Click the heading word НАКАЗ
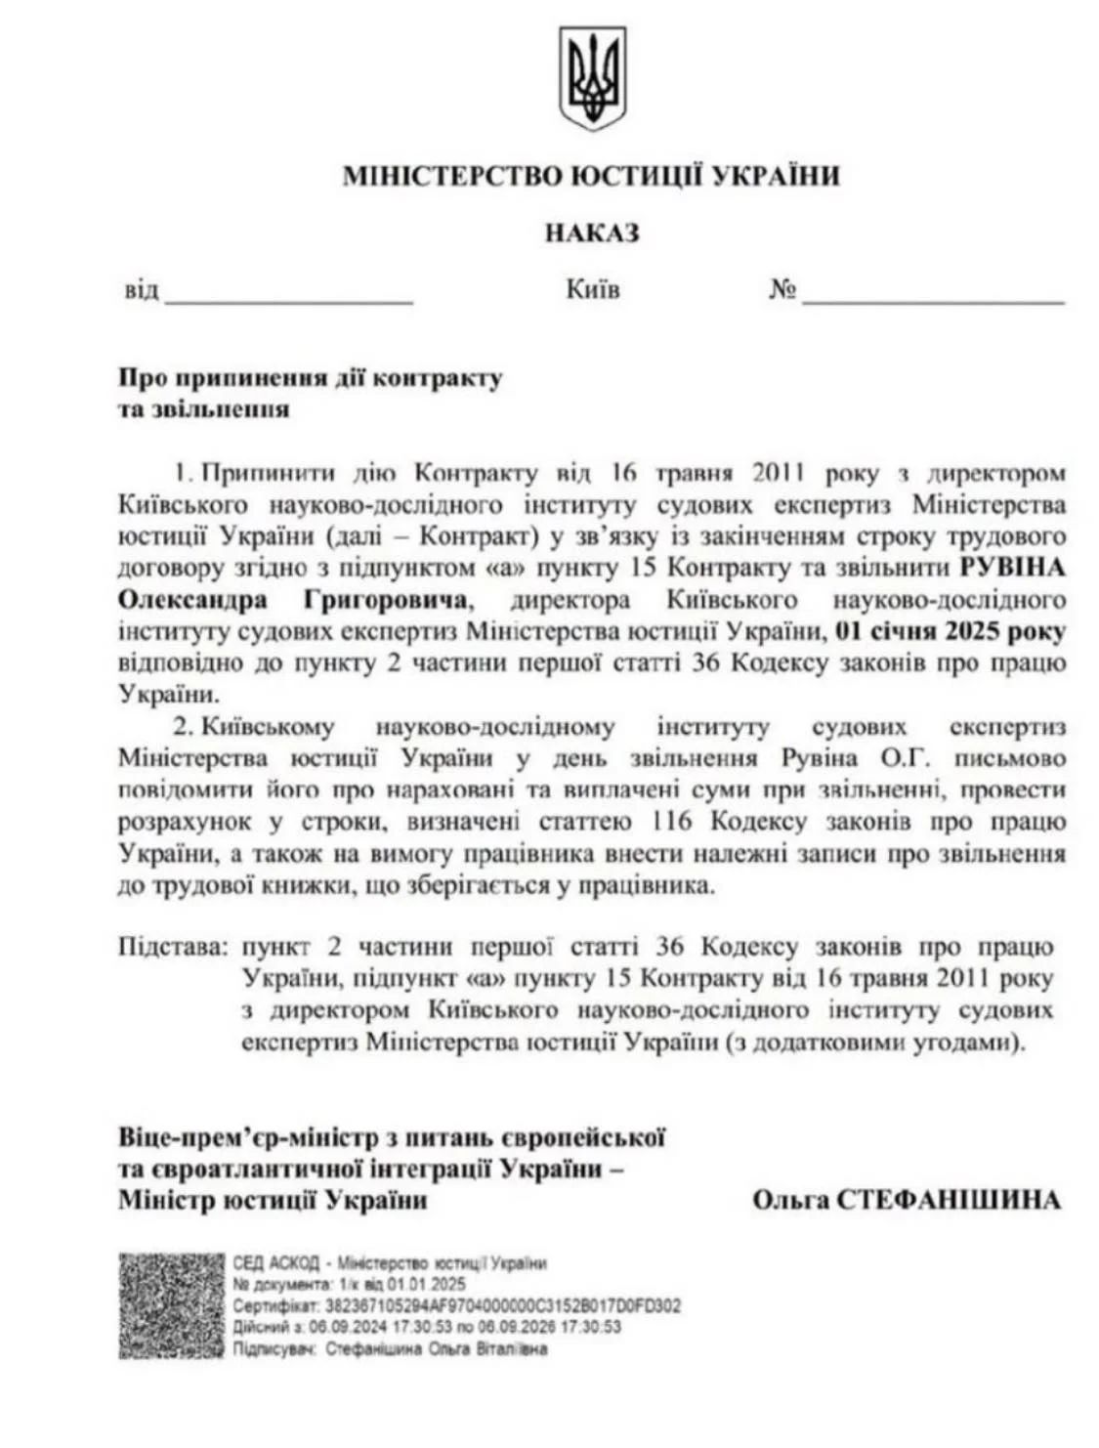tap(592, 234)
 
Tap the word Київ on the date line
tap(592, 290)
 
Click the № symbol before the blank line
tap(782, 291)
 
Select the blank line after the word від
tap(289, 297)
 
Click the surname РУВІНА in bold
tap(1012, 568)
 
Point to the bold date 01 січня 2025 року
tap(951, 631)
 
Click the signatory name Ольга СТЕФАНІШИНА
tap(906, 1200)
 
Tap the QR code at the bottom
tap(172, 1305)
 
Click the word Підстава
tap(173, 947)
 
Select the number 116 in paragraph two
tap(668, 822)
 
